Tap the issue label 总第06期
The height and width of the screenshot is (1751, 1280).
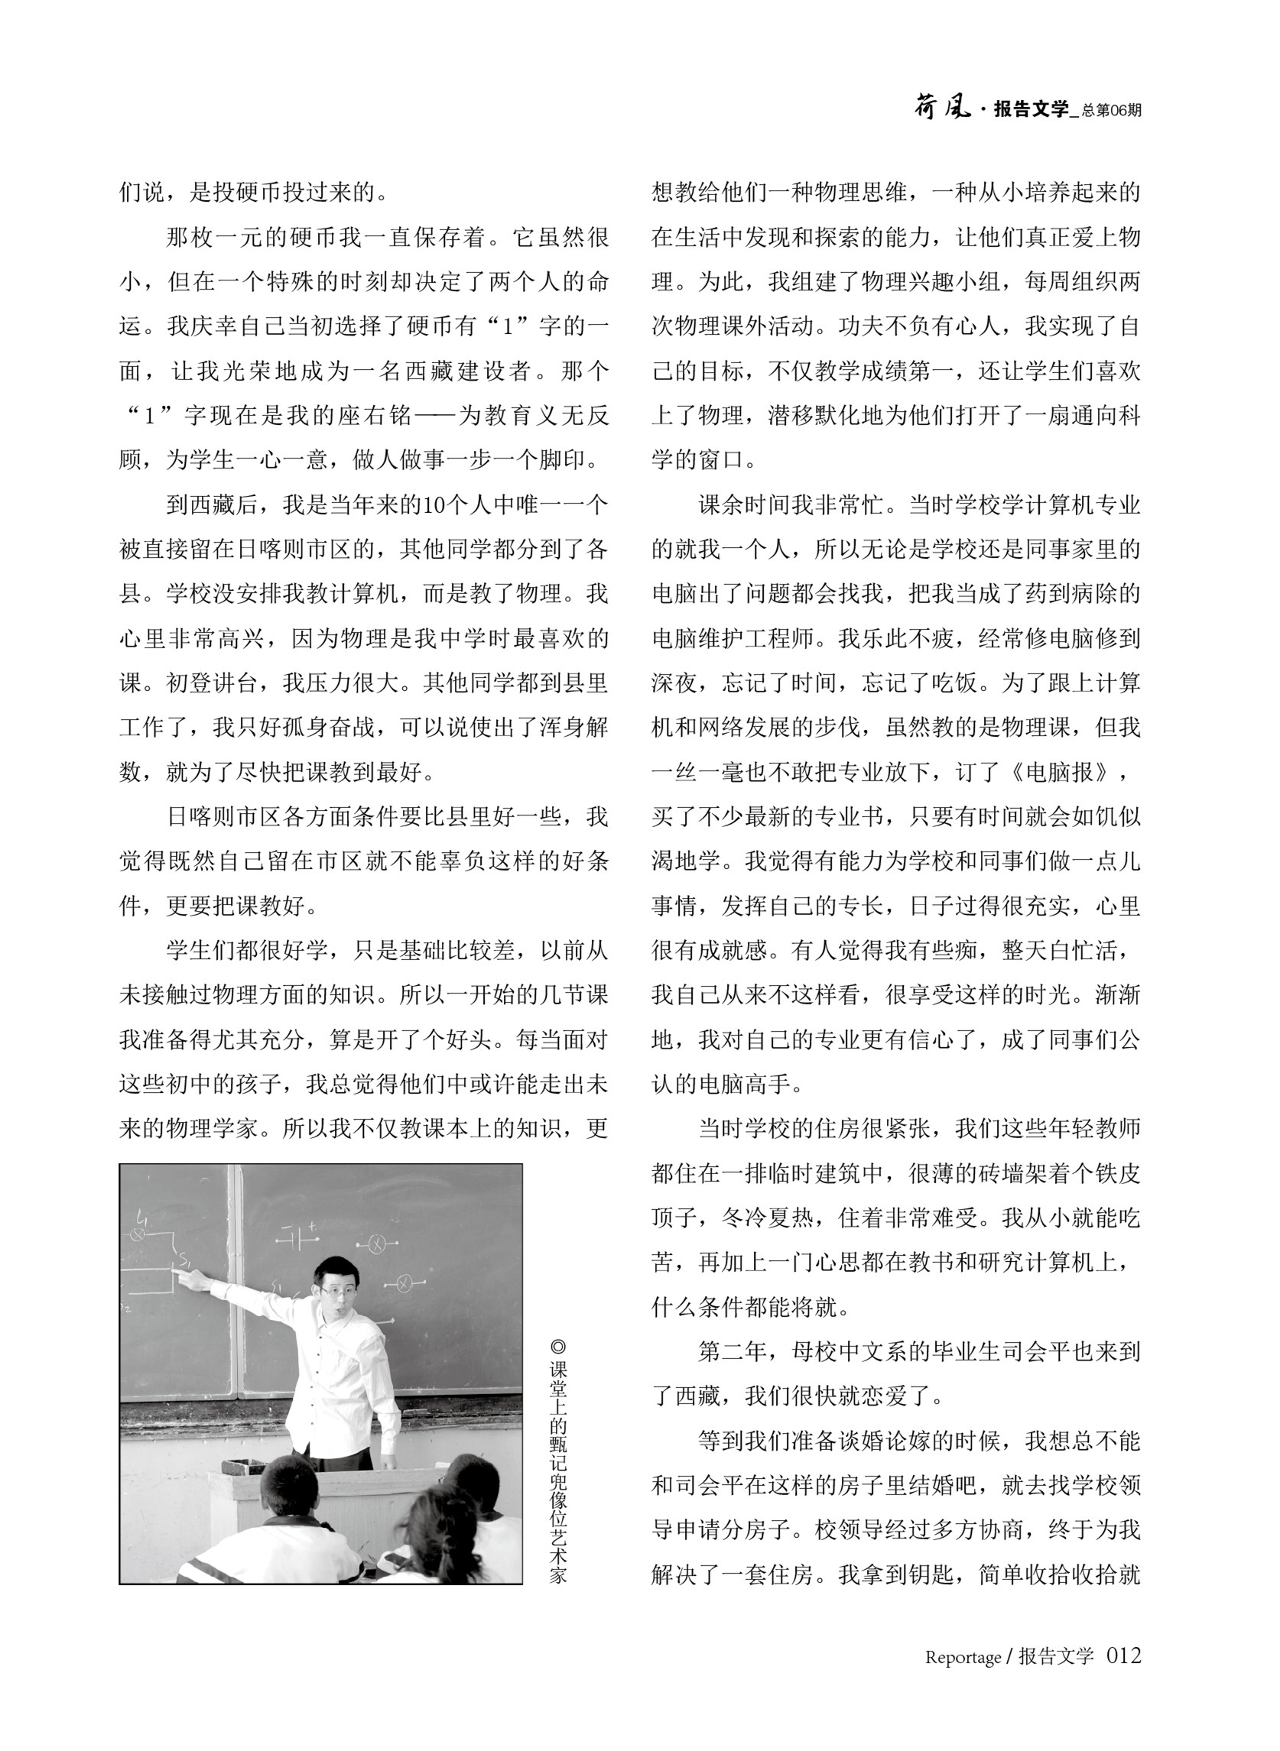1112,111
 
